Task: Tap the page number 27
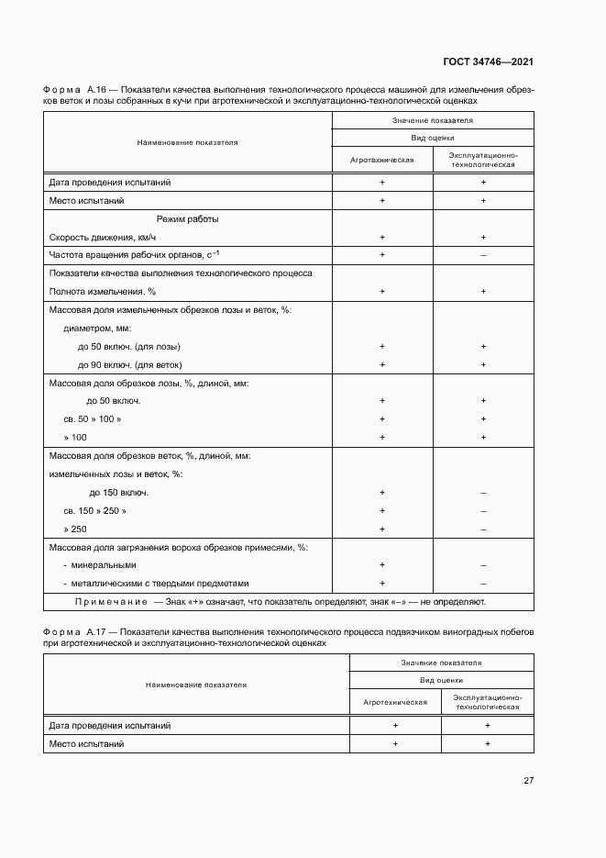(x=528, y=781)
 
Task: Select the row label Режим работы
(x=187, y=219)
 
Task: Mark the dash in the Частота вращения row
(x=482, y=254)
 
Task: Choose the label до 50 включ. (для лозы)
(x=129, y=347)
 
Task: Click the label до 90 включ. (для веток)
(x=130, y=364)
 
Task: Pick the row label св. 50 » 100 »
(x=92, y=419)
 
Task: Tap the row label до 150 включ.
(x=119, y=493)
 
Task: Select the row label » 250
(x=75, y=529)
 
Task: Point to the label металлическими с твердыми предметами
(x=156, y=584)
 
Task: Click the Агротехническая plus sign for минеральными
(x=381, y=565)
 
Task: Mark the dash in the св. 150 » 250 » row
(x=482, y=511)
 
